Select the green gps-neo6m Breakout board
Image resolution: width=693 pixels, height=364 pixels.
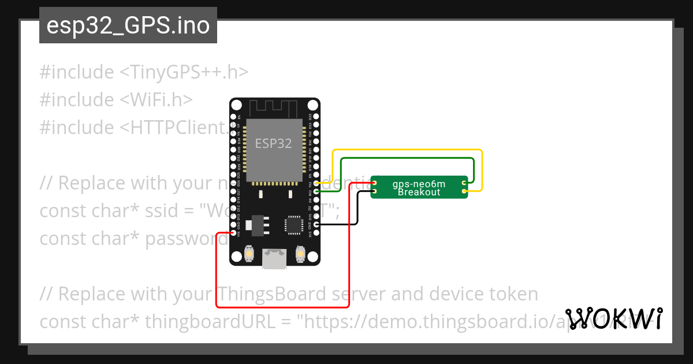click(x=419, y=187)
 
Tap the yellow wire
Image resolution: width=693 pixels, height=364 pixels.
click(x=407, y=150)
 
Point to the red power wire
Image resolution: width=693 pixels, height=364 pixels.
click(x=283, y=307)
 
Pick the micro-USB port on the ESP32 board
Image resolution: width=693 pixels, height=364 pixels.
click(x=274, y=258)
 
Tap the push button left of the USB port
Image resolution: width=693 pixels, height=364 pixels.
click(x=249, y=253)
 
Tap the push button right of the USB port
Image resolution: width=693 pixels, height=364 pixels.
click(x=300, y=253)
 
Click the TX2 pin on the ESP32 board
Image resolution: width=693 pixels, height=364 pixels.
click(x=315, y=183)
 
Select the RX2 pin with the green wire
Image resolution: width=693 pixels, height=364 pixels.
click(x=315, y=191)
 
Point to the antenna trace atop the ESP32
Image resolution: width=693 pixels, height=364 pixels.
click(x=274, y=108)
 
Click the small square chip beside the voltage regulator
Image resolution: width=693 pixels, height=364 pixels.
click(x=293, y=225)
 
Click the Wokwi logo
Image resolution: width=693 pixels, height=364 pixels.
click(x=614, y=318)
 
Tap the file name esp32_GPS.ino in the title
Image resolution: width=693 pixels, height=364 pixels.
click(x=128, y=25)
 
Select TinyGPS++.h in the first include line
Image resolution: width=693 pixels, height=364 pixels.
click(x=184, y=72)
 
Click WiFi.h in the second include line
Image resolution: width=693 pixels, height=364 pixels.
click(x=156, y=100)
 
